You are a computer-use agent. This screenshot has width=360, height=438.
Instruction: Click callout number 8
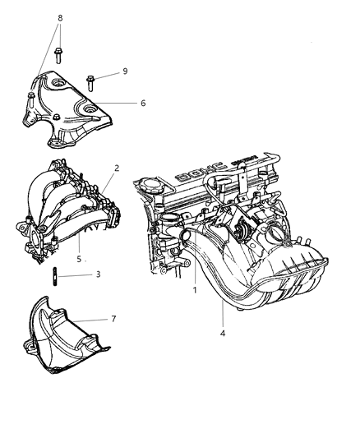(x=59, y=16)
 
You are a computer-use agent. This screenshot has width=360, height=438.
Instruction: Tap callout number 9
(x=124, y=71)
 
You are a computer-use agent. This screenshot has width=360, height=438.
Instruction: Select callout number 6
(x=142, y=103)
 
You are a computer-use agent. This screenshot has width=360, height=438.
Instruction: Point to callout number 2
(x=117, y=168)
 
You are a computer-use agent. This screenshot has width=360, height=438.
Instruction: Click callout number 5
(x=79, y=259)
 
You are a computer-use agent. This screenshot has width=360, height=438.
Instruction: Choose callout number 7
(x=113, y=319)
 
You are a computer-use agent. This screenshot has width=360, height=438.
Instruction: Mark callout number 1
(x=194, y=289)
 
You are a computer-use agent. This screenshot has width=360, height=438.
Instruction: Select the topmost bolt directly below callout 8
(x=60, y=56)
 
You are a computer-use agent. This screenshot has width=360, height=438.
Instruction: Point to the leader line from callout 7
(x=93, y=319)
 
